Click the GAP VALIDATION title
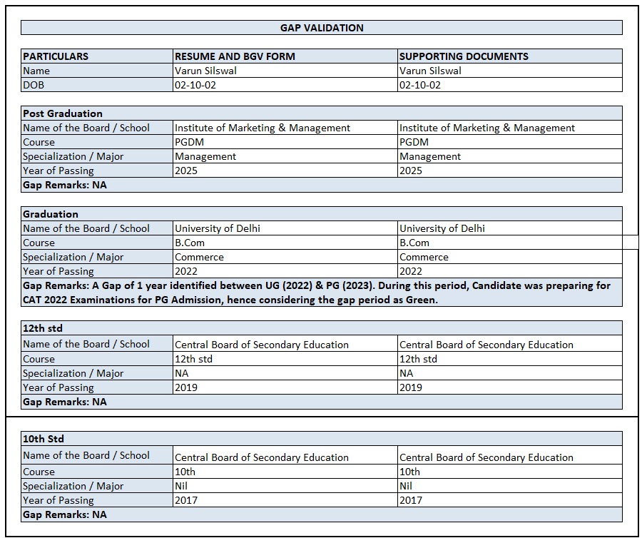(x=322, y=28)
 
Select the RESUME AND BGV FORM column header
(x=235, y=56)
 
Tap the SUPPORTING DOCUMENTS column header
(x=464, y=56)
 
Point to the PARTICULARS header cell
(x=56, y=56)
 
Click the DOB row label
(x=33, y=85)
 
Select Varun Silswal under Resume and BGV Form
(x=205, y=71)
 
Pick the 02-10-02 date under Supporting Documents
(x=420, y=85)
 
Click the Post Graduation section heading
(x=63, y=113)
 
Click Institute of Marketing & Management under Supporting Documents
(x=487, y=128)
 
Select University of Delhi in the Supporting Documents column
(x=442, y=228)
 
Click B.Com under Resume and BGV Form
(x=190, y=243)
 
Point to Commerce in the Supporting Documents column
(x=424, y=257)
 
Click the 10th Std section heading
(x=44, y=439)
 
